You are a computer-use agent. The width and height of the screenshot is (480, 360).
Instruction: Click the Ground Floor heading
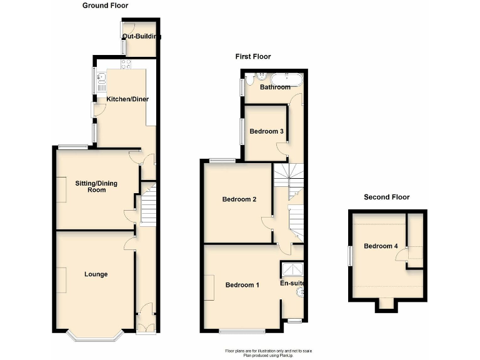105,6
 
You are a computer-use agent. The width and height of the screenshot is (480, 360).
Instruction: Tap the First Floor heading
253,56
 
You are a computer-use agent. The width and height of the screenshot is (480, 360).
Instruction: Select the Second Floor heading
387,197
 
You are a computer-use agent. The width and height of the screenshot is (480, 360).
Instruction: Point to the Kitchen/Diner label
127,99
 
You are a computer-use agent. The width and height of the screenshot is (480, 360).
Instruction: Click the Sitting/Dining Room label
96,186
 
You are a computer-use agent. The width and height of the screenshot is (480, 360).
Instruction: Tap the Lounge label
96,274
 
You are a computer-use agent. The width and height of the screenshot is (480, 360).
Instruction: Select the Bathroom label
275,87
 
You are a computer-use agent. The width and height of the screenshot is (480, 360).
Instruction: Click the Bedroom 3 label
267,131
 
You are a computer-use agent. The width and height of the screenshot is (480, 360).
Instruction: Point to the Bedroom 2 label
240,199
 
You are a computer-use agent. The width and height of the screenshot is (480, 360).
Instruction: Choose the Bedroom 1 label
242,285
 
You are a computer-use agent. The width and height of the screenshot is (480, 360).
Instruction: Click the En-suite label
292,284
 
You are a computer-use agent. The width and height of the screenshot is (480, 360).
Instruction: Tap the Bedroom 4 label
381,246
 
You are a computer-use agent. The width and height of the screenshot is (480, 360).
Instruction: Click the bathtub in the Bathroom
286,79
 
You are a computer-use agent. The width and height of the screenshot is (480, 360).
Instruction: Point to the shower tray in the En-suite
291,269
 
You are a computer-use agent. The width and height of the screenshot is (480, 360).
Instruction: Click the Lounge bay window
96,337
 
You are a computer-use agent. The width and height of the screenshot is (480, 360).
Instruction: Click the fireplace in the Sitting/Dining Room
61,189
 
